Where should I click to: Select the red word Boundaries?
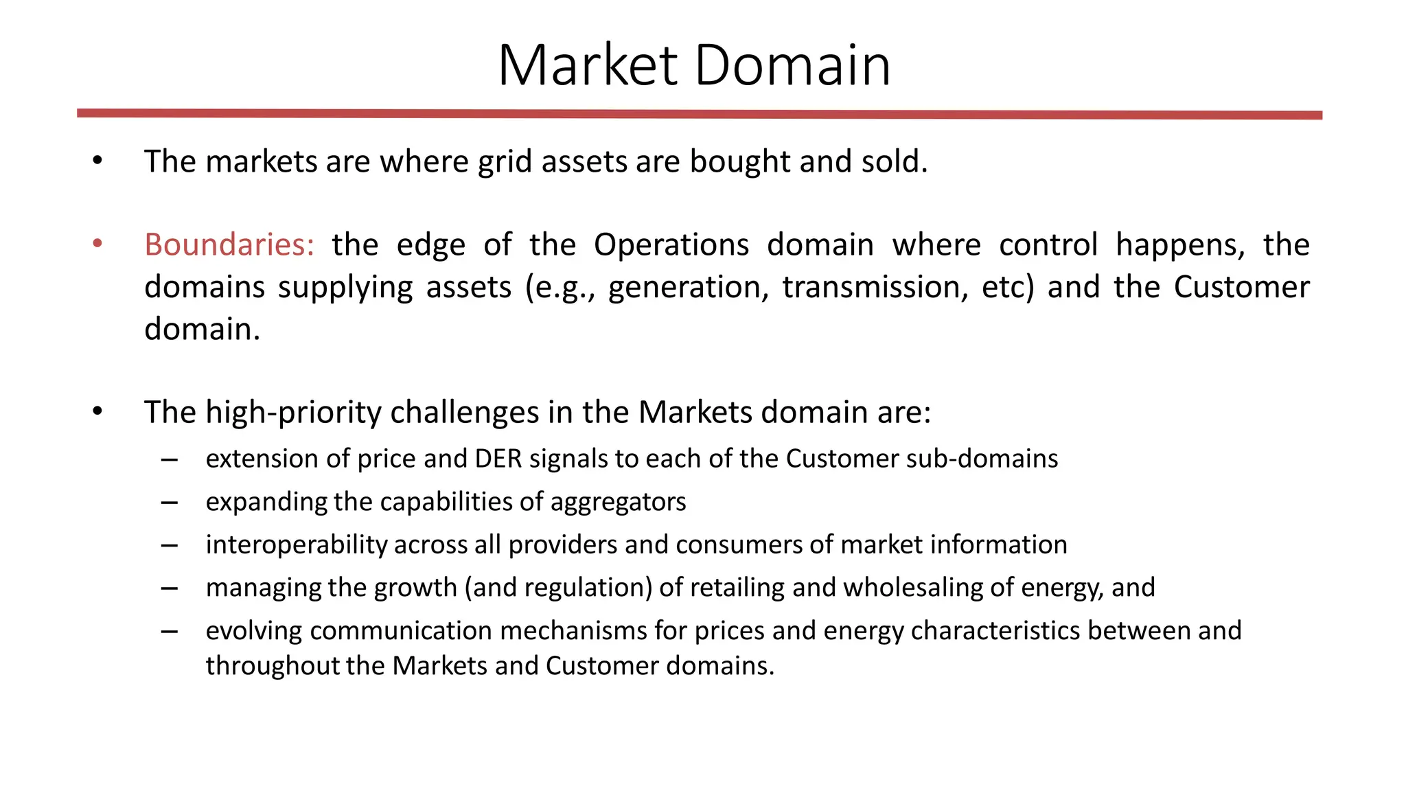tap(229, 245)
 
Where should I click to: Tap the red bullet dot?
tap(97, 243)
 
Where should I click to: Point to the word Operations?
tap(671, 245)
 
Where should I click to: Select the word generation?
tap(689, 287)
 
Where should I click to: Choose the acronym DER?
tap(498, 459)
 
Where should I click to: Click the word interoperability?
tap(296, 545)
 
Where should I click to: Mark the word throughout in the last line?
tap(273, 666)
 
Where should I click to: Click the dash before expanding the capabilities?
tap(170, 503)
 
